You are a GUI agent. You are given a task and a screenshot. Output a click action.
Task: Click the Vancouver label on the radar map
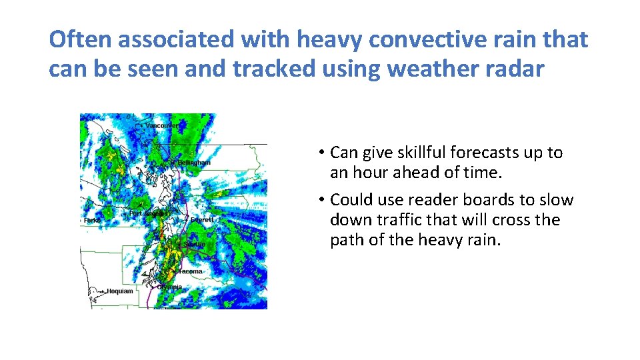(162, 125)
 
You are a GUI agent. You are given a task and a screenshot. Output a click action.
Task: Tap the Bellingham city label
(194, 163)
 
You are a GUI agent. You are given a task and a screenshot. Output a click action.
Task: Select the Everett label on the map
(201, 219)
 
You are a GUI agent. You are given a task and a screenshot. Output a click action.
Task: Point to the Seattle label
(195, 245)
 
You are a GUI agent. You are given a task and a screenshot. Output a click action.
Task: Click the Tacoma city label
(190, 271)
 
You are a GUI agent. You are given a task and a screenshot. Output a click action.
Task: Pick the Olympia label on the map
(169, 287)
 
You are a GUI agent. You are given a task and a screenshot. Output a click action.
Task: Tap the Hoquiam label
(119, 291)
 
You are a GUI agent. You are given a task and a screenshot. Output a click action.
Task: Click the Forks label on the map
(92, 220)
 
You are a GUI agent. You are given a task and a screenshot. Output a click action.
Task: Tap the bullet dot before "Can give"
(321, 153)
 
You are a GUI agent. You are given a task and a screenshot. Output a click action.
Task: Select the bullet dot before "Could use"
(321, 200)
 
